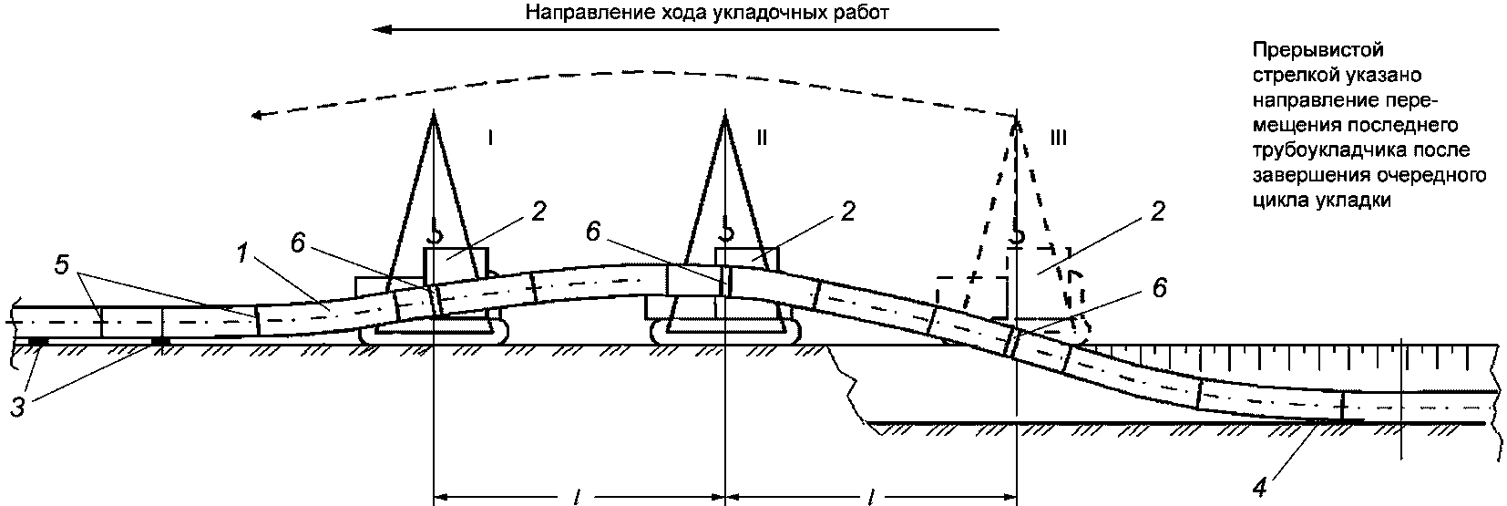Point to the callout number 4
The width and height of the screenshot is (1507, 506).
[1259, 486]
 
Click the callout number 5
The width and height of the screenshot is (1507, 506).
[61, 265]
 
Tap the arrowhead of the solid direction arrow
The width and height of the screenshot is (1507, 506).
[381, 29]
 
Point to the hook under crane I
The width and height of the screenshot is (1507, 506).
[435, 235]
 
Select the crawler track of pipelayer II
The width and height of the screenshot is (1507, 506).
[726, 335]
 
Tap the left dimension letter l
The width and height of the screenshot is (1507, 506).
[578, 496]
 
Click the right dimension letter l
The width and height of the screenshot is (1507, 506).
[872, 496]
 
